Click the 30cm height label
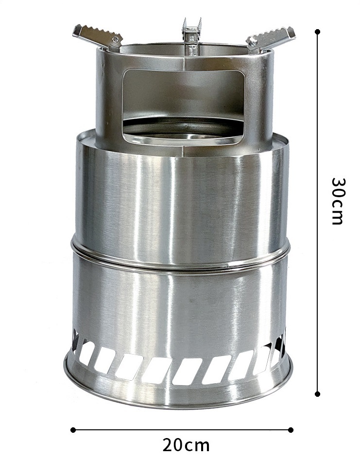coord(337,201)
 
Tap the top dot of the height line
coord(317,32)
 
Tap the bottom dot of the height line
coord(317,393)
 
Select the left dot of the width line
coord(73,429)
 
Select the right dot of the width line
coord(291,429)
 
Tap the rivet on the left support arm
coord(115,40)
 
